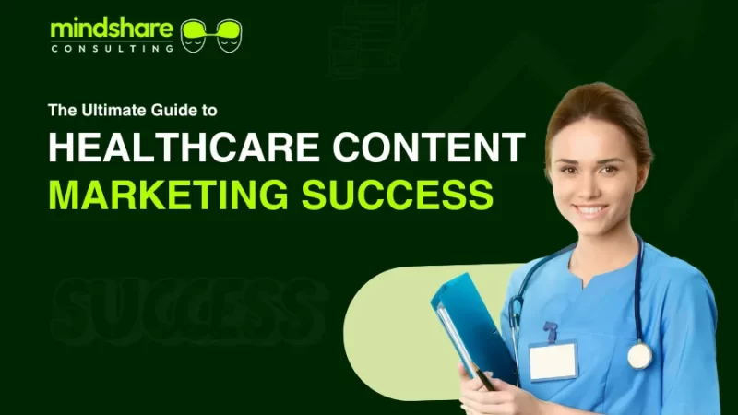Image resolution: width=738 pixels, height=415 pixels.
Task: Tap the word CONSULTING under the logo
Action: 112,48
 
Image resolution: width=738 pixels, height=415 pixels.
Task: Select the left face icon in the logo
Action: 194,35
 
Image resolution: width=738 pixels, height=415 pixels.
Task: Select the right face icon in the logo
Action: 229,35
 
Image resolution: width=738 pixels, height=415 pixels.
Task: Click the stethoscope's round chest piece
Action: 639,355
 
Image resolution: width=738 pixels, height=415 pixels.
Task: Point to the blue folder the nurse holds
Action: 470,323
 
